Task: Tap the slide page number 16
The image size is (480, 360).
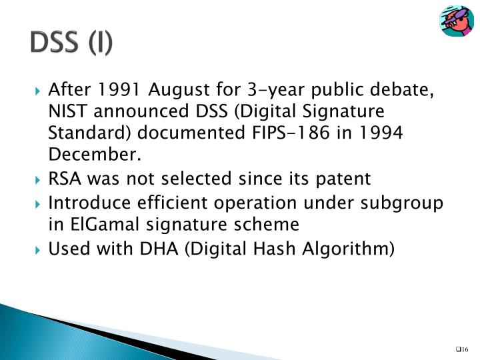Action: (464, 349)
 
